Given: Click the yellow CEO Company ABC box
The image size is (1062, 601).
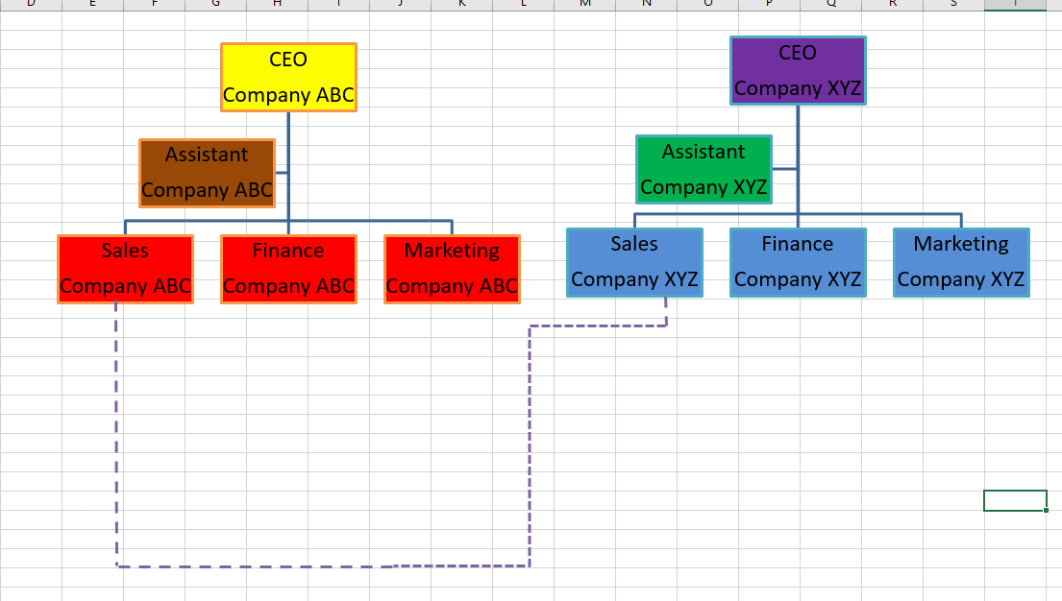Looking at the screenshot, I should (288, 78).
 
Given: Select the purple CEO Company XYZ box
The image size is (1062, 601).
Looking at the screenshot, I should (798, 71).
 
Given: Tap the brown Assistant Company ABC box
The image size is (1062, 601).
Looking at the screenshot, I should (207, 173).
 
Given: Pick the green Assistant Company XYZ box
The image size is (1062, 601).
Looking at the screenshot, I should (704, 170).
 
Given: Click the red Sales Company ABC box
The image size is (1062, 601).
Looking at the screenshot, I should (125, 270).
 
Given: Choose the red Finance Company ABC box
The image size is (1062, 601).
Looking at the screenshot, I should (288, 270).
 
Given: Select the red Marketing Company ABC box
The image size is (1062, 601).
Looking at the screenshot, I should (452, 270).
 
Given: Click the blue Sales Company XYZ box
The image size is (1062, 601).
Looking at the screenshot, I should (634, 263).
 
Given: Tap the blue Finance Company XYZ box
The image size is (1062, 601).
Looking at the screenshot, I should (798, 263).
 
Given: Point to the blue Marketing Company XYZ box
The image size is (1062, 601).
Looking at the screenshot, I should (961, 263).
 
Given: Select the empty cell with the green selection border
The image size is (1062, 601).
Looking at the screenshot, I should (1015, 500).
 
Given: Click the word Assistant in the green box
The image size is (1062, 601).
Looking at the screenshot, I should (704, 152).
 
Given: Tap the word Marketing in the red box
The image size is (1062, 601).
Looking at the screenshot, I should (452, 251).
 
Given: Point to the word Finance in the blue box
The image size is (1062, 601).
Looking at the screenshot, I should (798, 244).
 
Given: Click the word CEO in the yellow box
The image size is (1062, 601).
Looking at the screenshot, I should (288, 60).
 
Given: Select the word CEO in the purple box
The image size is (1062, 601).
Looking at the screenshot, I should (798, 53).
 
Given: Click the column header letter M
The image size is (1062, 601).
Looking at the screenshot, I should (584, 4).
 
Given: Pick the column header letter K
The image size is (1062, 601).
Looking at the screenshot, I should (461, 4).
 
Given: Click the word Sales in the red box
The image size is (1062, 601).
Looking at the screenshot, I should (125, 251).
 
